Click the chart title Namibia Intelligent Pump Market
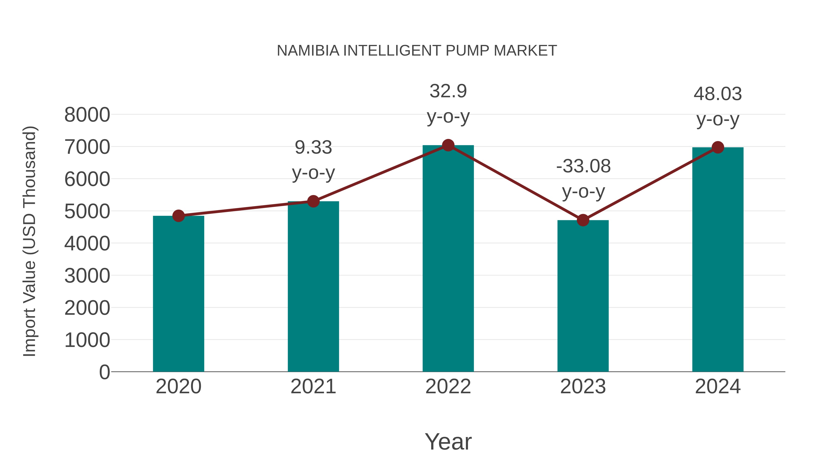tap(417, 51)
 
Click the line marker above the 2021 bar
tap(313, 201)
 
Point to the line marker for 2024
tap(718, 148)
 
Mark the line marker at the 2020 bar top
tap(178, 216)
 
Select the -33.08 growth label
tap(583, 178)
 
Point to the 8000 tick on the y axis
tap(87, 115)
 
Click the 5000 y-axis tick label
tap(87, 211)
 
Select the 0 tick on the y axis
tap(104, 372)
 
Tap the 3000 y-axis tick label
tap(87, 276)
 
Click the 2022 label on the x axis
tap(448, 387)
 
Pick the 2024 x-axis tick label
tap(718, 387)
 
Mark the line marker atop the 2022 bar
tap(448, 145)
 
